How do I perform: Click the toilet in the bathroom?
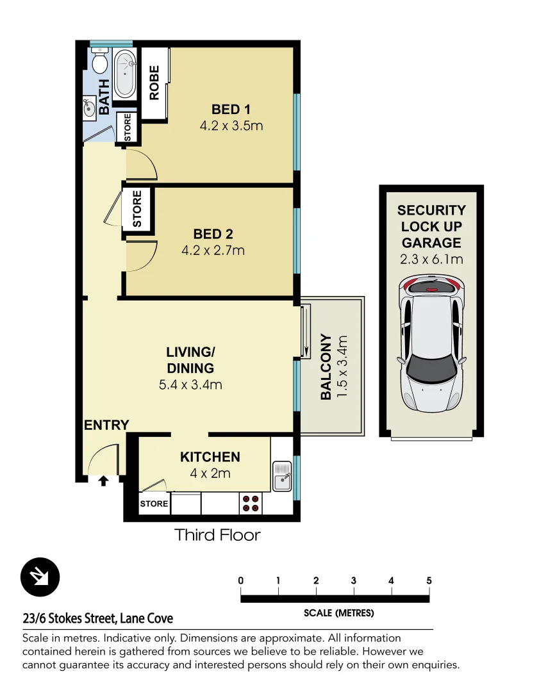pyautogui.click(x=99, y=63)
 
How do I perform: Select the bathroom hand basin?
pyautogui.click(x=89, y=108)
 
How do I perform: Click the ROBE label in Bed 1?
pyautogui.click(x=154, y=83)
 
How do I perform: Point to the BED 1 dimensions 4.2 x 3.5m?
pyautogui.click(x=231, y=126)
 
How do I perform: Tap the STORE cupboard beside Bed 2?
pyautogui.click(x=137, y=209)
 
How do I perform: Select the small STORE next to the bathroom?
pyautogui.click(x=128, y=128)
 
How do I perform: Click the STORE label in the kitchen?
pyautogui.click(x=154, y=504)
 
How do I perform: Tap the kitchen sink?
pyautogui.click(x=282, y=476)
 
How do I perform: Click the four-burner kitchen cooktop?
pyautogui.click(x=251, y=504)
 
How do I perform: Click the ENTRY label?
pyautogui.click(x=106, y=425)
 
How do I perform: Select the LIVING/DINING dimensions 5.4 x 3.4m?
pyautogui.click(x=190, y=385)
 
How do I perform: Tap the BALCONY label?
pyautogui.click(x=326, y=367)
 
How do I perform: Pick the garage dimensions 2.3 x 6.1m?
pyautogui.click(x=431, y=259)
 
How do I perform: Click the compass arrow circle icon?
pyautogui.click(x=40, y=577)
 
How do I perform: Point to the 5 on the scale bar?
pyautogui.click(x=429, y=581)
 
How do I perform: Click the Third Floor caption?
pyautogui.click(x=218, y=535)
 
